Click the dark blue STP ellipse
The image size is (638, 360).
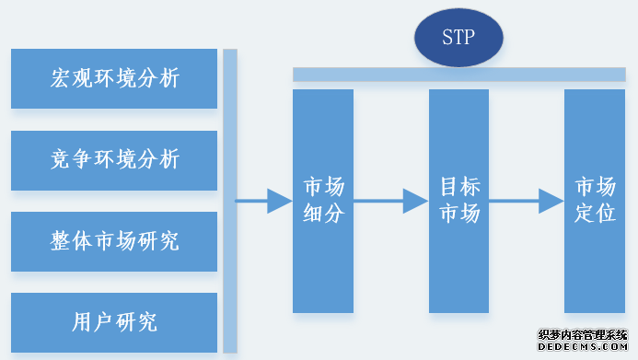(x=458, y=39)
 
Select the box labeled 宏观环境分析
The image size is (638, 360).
(x=114, y=78)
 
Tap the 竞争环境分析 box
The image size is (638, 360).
(x=114, y=159)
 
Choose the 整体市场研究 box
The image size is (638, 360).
(x=114, y=241)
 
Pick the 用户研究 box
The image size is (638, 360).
(x=114, y=322)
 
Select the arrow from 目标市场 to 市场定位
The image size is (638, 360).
(x=526, y=201)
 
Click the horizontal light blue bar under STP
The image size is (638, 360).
(x=458, y=74)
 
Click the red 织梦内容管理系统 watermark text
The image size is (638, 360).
(x=583, y=335)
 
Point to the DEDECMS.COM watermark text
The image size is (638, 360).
(x=583, y=349)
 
